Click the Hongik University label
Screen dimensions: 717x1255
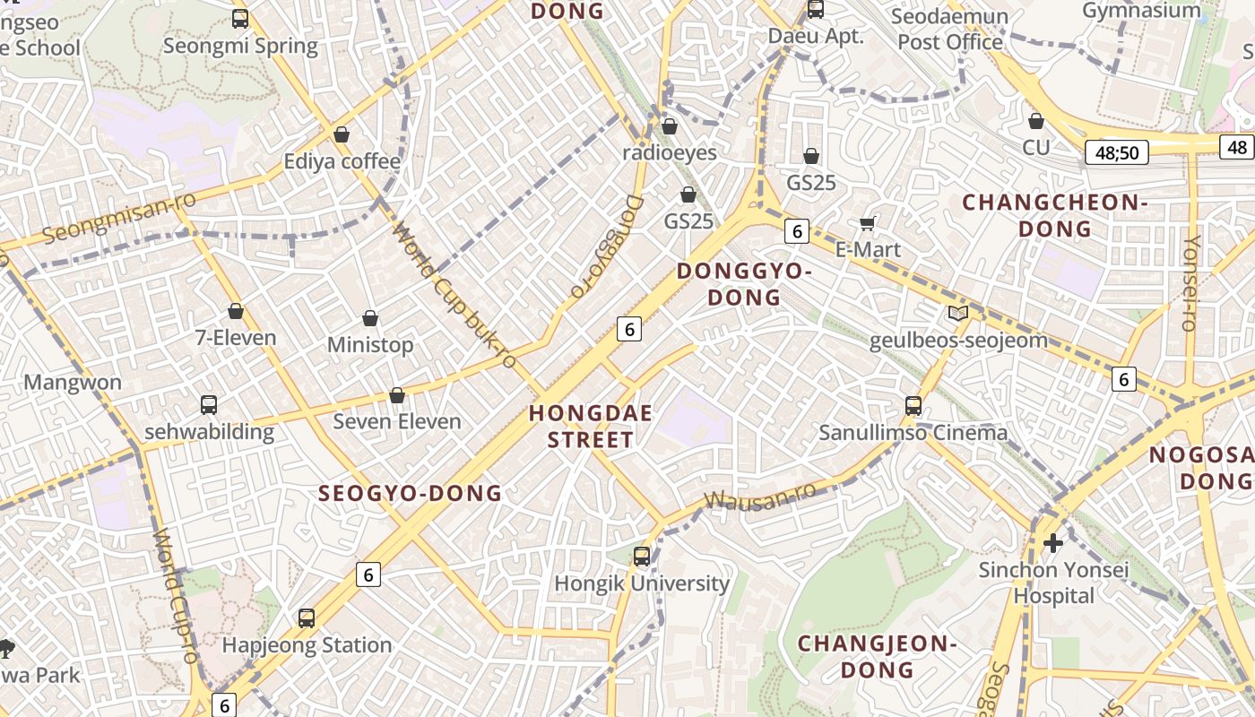coord(642,583)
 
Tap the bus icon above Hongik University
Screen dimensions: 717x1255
coord(642,556)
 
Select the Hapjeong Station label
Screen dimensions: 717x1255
coord(307,645)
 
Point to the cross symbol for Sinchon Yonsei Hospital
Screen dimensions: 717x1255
coord(1053,543)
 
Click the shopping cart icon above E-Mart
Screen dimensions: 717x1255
coord(867,223)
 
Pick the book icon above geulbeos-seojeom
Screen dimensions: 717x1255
coord(958,314)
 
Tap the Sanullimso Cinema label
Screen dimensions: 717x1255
coord(913,433)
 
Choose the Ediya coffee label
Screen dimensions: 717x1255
coord(342,161)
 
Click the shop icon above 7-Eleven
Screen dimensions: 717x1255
coord(236,311)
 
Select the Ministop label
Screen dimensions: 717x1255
coord(370,345)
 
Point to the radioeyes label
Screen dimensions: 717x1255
coord(670,153)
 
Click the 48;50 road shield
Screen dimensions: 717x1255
coord(1117,152)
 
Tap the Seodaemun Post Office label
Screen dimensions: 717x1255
coord(950,30)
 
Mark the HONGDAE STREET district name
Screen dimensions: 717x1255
coord(591,427)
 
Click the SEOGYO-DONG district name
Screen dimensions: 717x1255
coord(411,493)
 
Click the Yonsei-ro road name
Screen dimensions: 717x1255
coord(1191,283)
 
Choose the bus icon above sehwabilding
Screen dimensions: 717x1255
coord(209,405)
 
